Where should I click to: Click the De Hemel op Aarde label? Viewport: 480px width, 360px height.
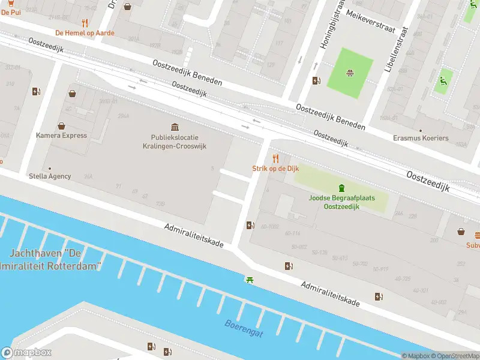coord(85,33)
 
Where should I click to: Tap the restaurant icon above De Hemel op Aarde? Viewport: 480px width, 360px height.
coord(85,23)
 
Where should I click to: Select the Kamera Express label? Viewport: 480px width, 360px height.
coord(61,136)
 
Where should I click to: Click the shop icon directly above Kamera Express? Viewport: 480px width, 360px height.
coord(61,126)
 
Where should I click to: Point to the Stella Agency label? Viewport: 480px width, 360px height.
coord(50,176)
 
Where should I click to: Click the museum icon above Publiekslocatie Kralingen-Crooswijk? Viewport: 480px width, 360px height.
coord(175,127)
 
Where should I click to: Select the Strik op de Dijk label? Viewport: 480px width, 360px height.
coord(275,169)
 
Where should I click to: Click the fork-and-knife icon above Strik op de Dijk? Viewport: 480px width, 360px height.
coord(275,158)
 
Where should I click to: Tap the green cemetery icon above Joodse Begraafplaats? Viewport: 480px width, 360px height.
coord(341,187)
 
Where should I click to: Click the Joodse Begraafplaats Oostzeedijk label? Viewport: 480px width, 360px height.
coord(341,202)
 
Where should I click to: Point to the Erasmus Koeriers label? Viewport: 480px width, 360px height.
coord(421,138)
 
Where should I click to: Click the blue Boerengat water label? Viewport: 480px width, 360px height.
coord(244,328)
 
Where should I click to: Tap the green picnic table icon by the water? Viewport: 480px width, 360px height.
coord(249,280)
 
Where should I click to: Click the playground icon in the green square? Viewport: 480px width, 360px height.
coord(349,73)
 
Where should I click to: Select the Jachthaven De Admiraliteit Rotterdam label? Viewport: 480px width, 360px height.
coord(53,260)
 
